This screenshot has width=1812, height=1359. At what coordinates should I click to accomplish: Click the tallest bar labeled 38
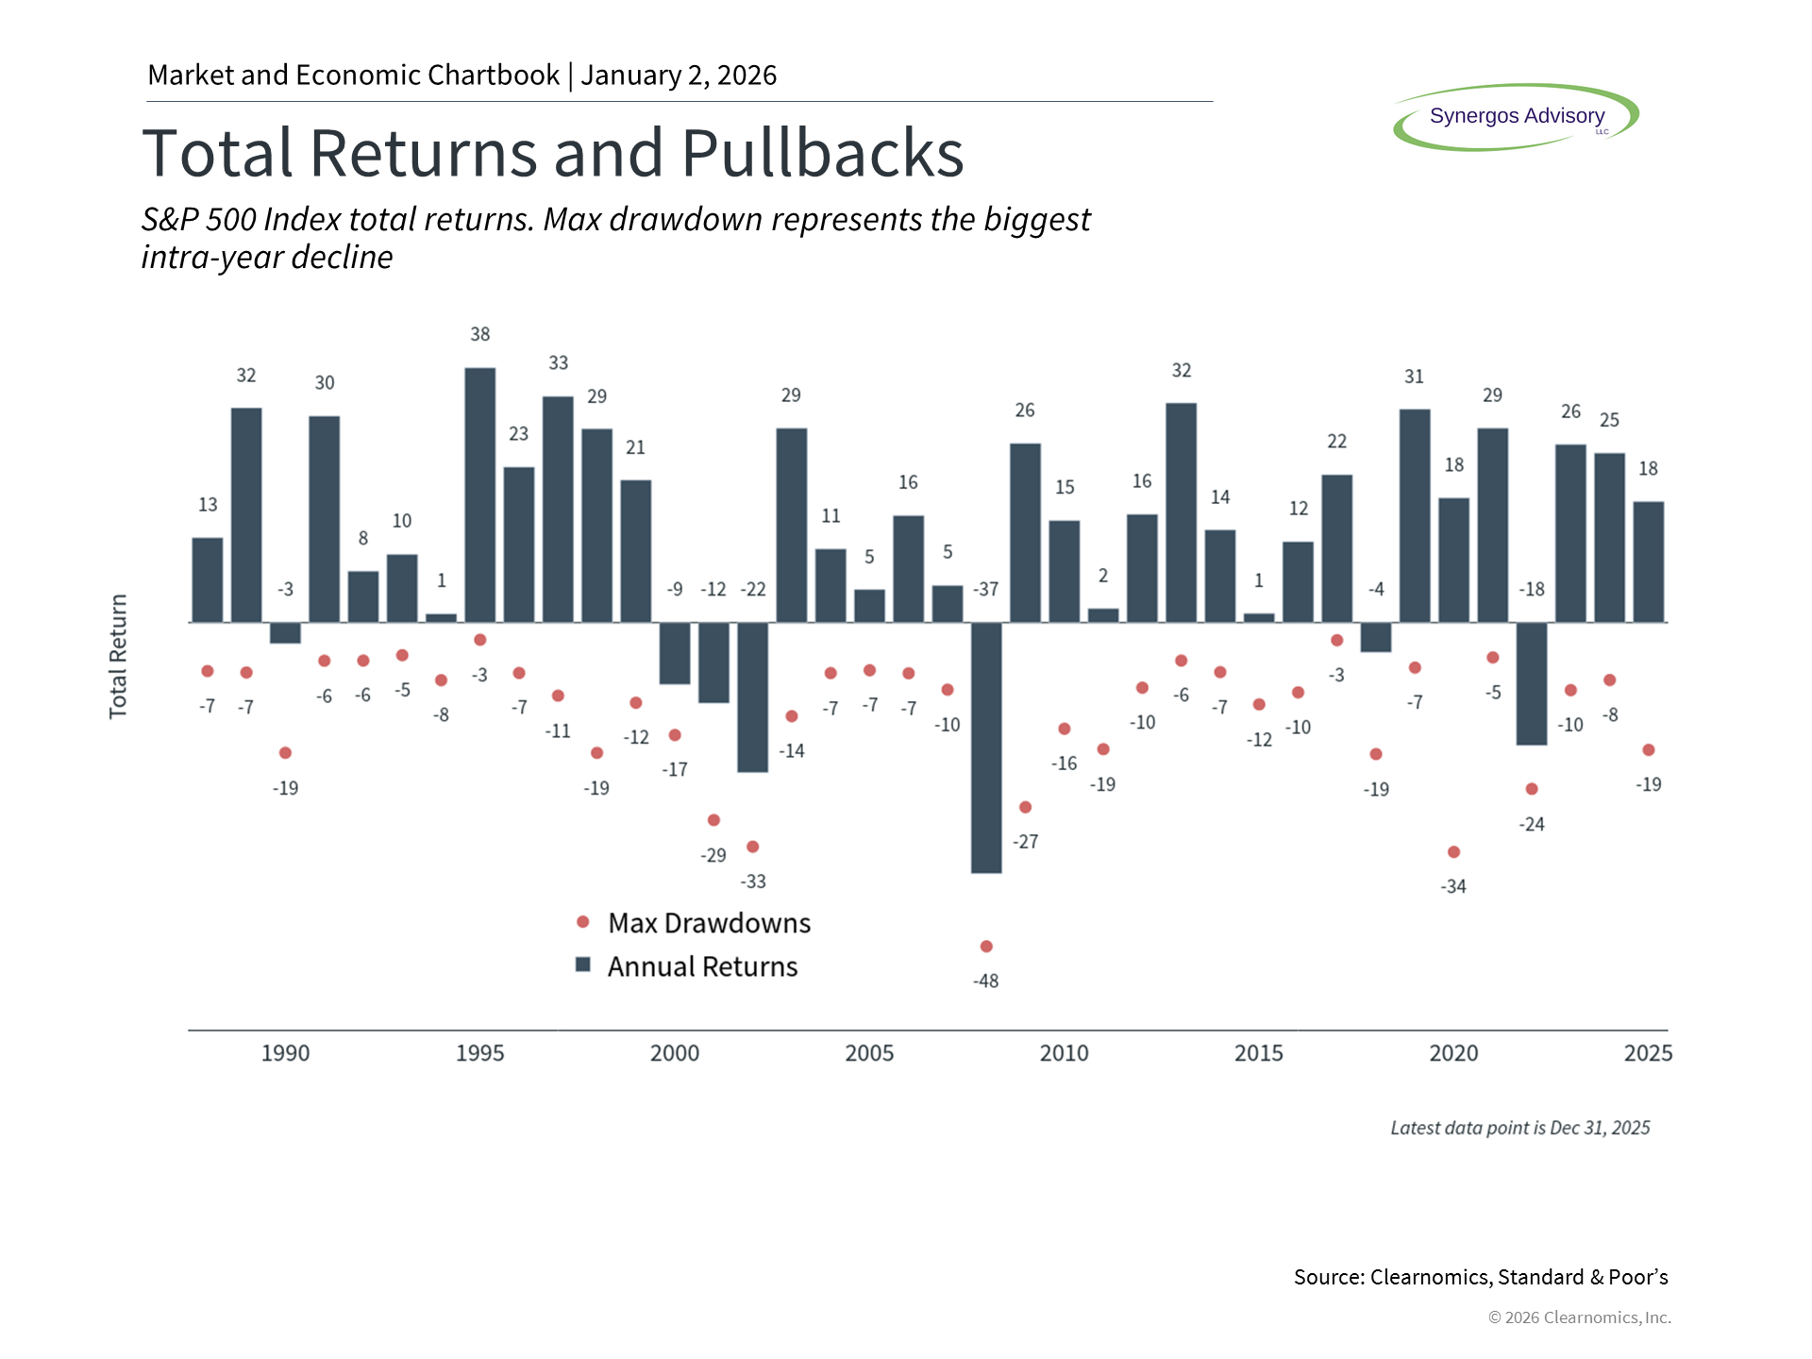[x=479, y=495]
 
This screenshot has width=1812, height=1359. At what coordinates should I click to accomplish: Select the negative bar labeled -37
[x=986, y=747]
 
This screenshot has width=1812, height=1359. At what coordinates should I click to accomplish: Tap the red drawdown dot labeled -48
[x=986, y=947]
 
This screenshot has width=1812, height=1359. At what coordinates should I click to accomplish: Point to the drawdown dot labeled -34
[x=1453, y=852]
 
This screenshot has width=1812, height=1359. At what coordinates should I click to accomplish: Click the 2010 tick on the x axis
[x=1064, y=1053]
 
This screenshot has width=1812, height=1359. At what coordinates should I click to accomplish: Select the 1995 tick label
[x=479, y=1053]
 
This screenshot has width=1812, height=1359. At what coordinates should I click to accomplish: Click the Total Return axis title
[x=118, y=657]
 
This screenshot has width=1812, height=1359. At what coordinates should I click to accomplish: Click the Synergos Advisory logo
[x=1516, y=117]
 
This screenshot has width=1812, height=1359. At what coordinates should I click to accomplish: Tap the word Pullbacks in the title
[x=822, y=153]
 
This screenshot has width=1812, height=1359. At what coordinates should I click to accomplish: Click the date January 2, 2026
[x=679, y=75]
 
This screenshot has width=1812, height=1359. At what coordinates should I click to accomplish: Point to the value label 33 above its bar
[x=559, y=363]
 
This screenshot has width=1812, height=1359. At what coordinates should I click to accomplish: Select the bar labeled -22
[x=752, y=697]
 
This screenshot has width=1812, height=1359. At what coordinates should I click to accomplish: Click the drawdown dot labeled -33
[x=752, y=847]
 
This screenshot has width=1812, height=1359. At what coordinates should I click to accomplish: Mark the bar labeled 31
[x=1414, y=515]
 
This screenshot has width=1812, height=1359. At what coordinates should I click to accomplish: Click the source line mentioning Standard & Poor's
[x=1480, y=1277]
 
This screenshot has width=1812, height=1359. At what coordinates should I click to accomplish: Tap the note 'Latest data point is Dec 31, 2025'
[x=1519, y=1128]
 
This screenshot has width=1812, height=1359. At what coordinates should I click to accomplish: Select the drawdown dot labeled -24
[x=1532, y=789]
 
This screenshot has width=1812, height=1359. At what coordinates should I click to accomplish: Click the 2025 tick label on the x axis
[x=1648, y=1053]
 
